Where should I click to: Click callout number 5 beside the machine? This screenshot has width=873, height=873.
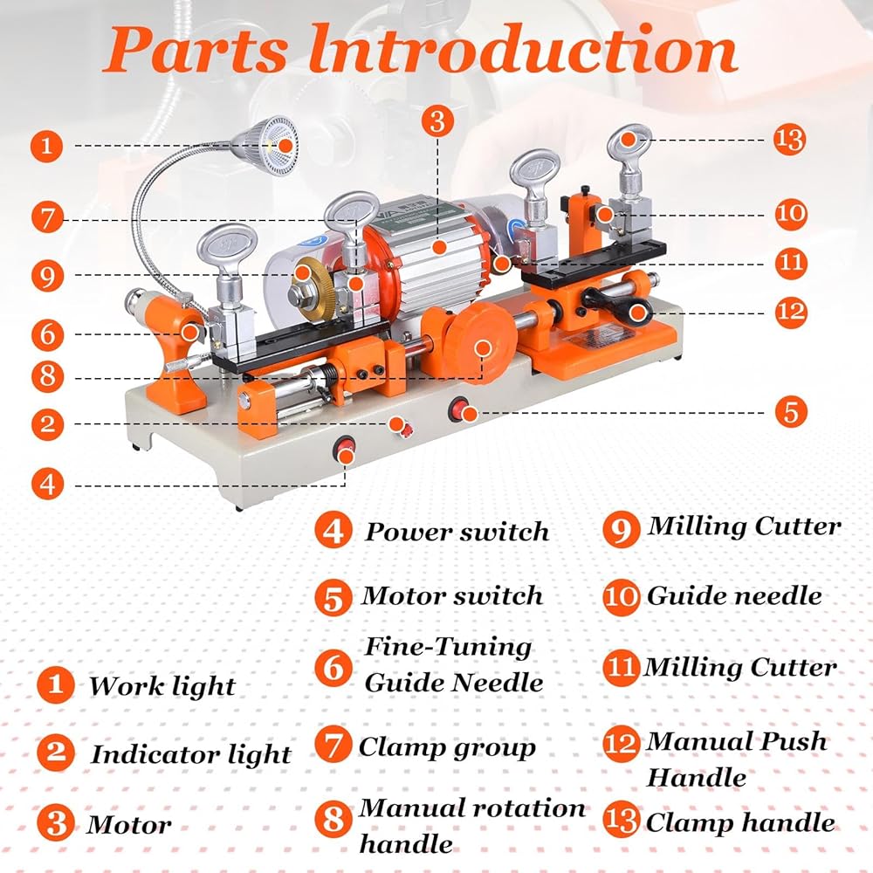(791, 412)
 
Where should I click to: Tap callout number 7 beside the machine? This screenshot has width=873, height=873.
(47, 217)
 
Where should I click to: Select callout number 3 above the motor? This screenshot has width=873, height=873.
(437, 120)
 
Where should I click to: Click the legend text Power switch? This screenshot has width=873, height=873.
(457, 533)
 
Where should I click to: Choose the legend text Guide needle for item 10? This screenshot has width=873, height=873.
(734, 596)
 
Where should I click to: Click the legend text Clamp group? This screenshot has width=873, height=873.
(447, 748)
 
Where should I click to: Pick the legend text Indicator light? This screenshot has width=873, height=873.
(191, 755)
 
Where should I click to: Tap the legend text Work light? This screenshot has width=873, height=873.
(162, 687)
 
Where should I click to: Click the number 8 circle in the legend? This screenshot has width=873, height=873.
(333, 819)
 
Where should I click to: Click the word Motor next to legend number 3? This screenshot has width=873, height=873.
(129, 825)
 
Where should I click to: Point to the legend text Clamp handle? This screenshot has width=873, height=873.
(740, 823)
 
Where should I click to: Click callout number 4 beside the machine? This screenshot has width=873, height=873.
(47, 484)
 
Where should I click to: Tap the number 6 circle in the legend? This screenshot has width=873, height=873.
(333, 668)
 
